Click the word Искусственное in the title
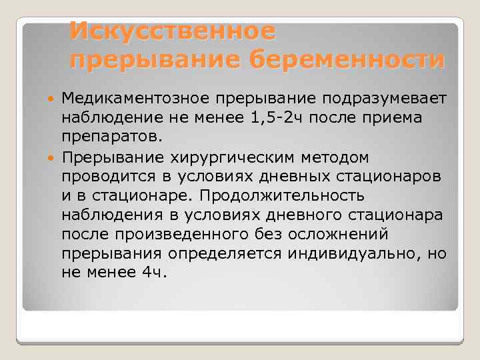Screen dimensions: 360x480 [x=172, y=31]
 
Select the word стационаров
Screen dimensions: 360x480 [x=393, y=177]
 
